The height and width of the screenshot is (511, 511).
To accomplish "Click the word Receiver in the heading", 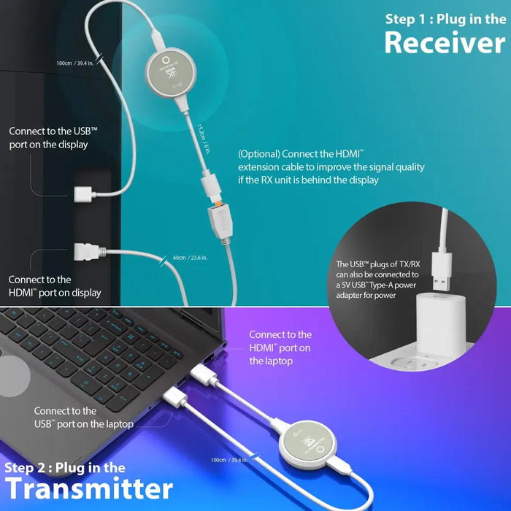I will pos(445,42).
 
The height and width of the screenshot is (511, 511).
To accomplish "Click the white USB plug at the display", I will pos(85,194).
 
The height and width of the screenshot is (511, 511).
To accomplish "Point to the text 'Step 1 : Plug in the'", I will pos(445,18).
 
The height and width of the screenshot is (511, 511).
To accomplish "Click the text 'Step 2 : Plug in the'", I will pos(65,467).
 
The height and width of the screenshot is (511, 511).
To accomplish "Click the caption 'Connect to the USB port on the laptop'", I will pos(83,417).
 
